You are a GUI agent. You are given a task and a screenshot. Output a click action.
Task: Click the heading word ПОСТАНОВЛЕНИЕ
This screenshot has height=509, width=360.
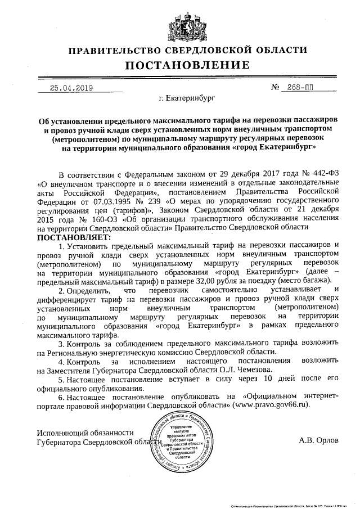tap(179, 66)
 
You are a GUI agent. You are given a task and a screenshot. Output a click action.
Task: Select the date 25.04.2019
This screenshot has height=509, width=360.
tap(71, 88)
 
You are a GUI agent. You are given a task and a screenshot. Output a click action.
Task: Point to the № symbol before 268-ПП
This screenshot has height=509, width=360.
tap(276, 88)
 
